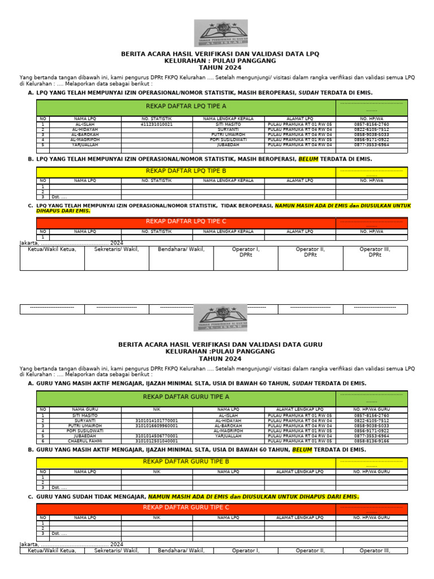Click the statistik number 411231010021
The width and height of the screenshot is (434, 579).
[x=157, y=124]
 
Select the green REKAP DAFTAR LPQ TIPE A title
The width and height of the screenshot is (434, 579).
[x=186, y=106]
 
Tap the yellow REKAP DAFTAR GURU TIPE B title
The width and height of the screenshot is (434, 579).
[x=186, y=462]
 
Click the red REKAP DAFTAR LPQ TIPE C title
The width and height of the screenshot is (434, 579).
[x=186, y=221]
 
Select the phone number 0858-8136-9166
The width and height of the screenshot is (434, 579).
[x=371, y=441]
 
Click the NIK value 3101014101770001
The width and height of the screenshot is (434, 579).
[x=157, y=421]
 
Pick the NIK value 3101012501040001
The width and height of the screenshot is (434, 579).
[x=157, y=441]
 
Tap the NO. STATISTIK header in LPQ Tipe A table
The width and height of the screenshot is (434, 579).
[x=157, y=119]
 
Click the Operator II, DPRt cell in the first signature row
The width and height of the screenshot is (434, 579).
[x=310, y=252]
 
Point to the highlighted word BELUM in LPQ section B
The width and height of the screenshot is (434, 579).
[x=309, y=159]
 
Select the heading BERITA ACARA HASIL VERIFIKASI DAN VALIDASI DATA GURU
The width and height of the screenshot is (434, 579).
[x=220, y=344]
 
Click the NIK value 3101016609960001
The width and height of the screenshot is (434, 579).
[x=157, y=426]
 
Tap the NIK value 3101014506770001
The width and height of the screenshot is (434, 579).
[x=157, y=436]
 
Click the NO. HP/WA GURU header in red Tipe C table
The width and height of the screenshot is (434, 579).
[x=371, y=517]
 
